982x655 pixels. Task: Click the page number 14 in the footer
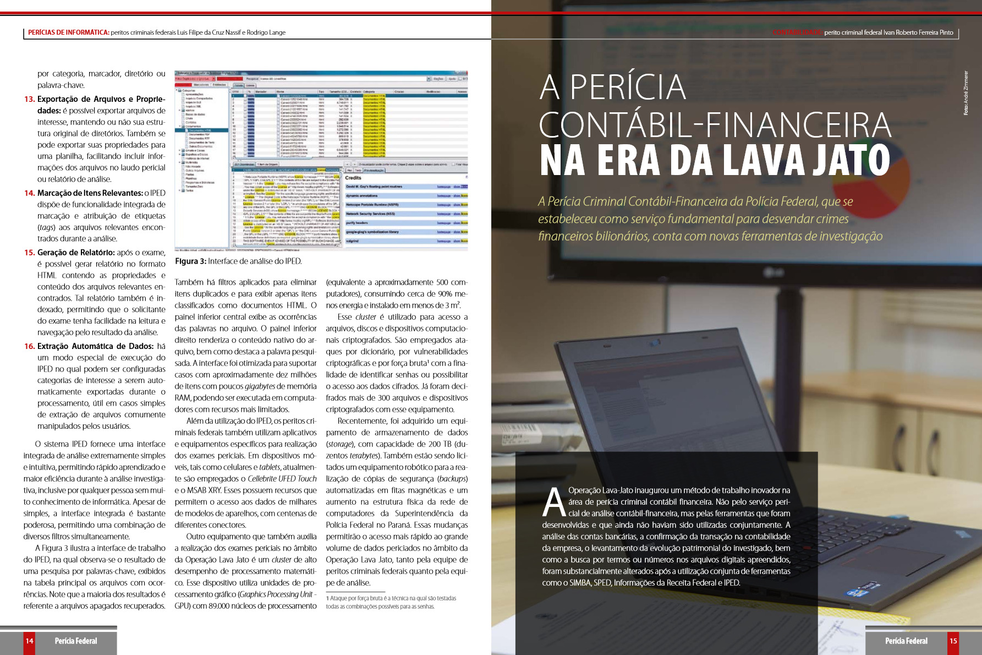[x=29, y=641]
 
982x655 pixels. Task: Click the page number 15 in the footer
[x=953, y=641]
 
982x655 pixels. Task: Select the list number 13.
[x=29, y=99]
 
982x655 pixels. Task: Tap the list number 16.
[x=29, y=346]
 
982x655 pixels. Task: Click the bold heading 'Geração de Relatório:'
[x=76, y=253]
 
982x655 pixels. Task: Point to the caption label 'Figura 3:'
[x=190, y=261]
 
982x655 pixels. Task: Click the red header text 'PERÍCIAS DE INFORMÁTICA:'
[x=68, y=32]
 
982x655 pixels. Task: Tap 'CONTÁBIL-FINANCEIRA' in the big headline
[x=715, y=125]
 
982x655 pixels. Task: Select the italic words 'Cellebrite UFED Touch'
[x=282, y=479]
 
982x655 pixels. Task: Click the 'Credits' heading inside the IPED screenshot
[x=353, y=178]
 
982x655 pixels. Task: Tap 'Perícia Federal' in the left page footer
[x=76, y=641]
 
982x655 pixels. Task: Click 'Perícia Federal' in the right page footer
[x=906, y=641]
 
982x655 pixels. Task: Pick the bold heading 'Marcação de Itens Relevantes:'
[x=90, y=193]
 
